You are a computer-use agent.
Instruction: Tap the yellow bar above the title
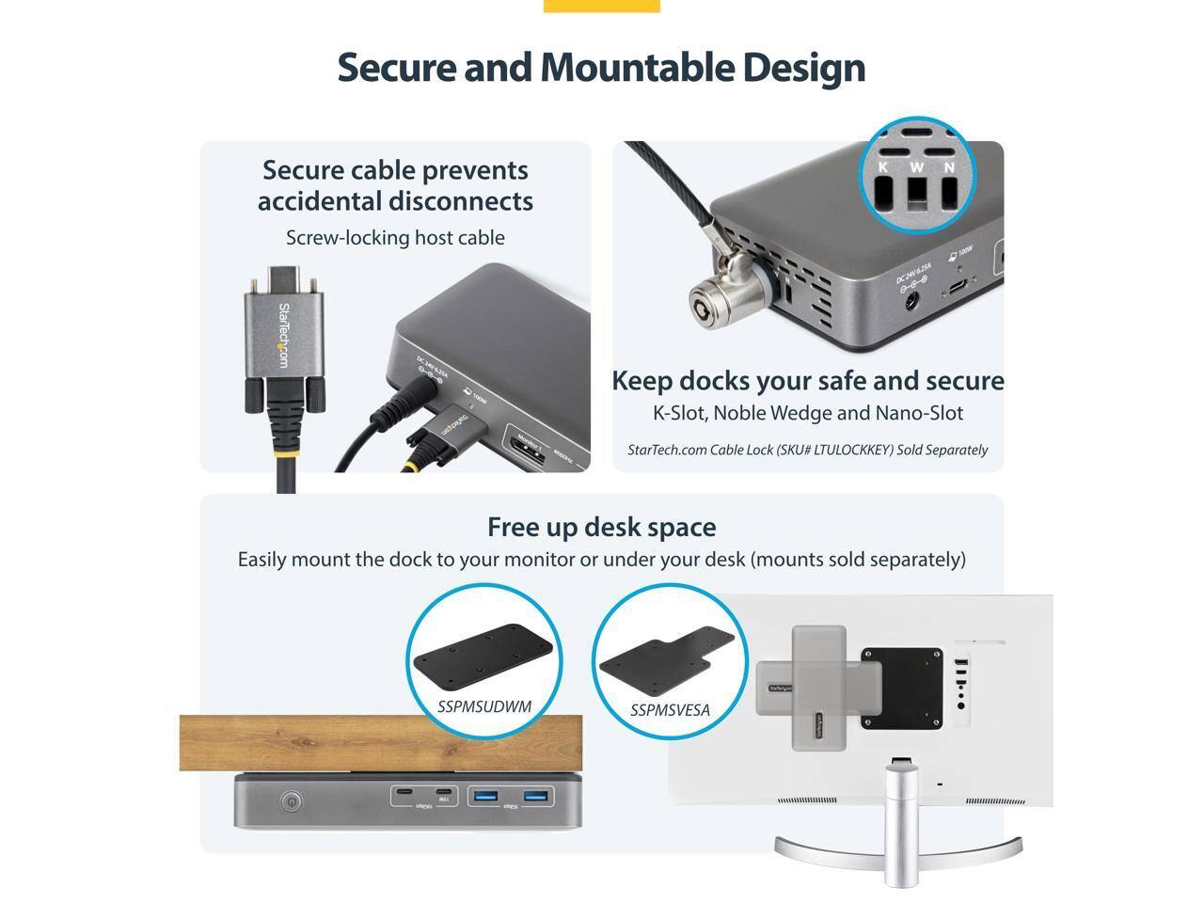tap(602, 6)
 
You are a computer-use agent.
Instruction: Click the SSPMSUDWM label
tap(484, 706)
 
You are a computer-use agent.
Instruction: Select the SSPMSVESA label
tap(670, 710)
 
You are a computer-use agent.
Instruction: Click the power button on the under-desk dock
tap(292, 802)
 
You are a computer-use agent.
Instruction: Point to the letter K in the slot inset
tap(883, 167)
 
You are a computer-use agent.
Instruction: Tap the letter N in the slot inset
tap(949, 167)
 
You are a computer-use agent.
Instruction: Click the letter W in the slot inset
tap(916, 167)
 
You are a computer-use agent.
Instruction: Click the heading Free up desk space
tap(601, 527)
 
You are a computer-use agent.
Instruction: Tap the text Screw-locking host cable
tap(395, 238)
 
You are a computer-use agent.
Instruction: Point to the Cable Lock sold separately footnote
tap(807, 450)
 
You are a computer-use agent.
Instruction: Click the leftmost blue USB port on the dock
tap(485, 797)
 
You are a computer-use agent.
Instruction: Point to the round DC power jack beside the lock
tap(911, 301)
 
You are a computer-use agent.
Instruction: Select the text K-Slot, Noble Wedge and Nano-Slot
tap(808, 413)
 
